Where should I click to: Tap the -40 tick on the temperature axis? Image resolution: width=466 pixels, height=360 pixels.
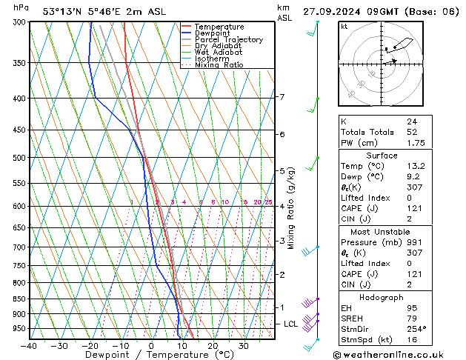[29, 346]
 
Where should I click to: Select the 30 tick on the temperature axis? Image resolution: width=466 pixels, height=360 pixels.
[243, 346]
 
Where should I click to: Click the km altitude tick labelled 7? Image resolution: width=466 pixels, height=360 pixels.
[282, 97]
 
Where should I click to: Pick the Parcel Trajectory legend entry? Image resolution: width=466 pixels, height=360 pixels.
[228, 40]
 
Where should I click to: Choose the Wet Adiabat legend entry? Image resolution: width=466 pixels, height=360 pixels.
[219, 53]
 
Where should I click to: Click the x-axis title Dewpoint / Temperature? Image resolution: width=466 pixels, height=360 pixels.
[150, 356]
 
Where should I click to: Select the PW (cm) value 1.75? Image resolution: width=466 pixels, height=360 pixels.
[416, 143]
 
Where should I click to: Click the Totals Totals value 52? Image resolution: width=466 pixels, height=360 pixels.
[411, 132]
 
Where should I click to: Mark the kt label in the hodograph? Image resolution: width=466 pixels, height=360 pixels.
[344, 26]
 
